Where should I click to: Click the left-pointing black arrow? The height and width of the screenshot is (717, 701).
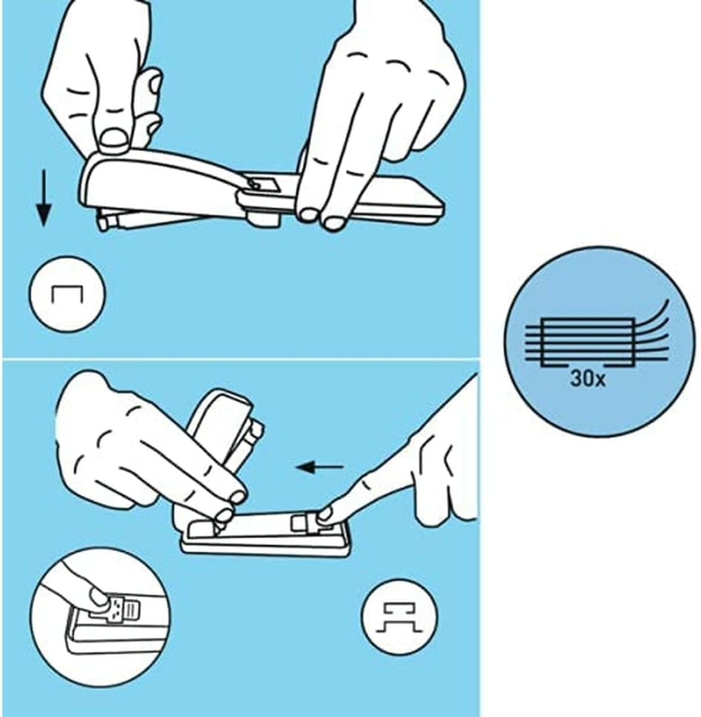[x=319, y=468]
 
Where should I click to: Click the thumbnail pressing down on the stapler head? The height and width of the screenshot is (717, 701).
[x=114, y=137]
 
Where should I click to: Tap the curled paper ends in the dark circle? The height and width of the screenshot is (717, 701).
[x=651, y=329]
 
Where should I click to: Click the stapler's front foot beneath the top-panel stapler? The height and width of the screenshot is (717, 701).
[x=264, y=220]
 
